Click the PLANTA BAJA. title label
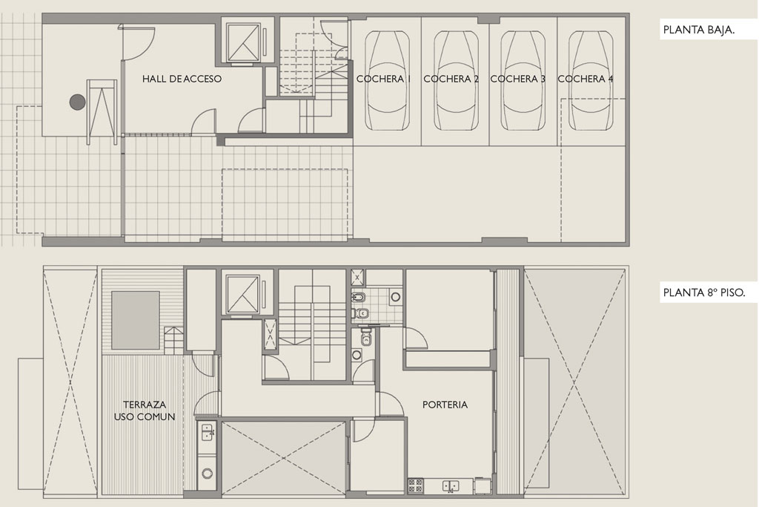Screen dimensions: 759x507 [698, 30]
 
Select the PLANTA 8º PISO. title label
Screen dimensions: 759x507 [704, 292]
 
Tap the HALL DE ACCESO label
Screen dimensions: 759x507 [182, 79]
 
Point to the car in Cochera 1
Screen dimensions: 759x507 [387, 81]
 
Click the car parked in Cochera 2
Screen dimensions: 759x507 [456, 81]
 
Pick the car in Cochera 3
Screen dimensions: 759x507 [523, 81]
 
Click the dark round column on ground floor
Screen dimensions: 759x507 [77, 102]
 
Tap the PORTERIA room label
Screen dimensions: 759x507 [445, 405]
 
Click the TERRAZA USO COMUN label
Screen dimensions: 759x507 [145, 410]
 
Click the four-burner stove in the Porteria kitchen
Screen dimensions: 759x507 [416, 485]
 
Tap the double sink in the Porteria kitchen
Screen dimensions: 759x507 [451, 485]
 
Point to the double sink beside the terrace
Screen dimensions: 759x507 [208, 431]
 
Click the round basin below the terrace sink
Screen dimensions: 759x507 [208, 474]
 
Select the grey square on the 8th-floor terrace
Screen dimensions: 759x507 [136, 320]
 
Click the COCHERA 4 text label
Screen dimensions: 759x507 [586, 79]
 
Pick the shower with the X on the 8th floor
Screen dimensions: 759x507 [358, 277]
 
